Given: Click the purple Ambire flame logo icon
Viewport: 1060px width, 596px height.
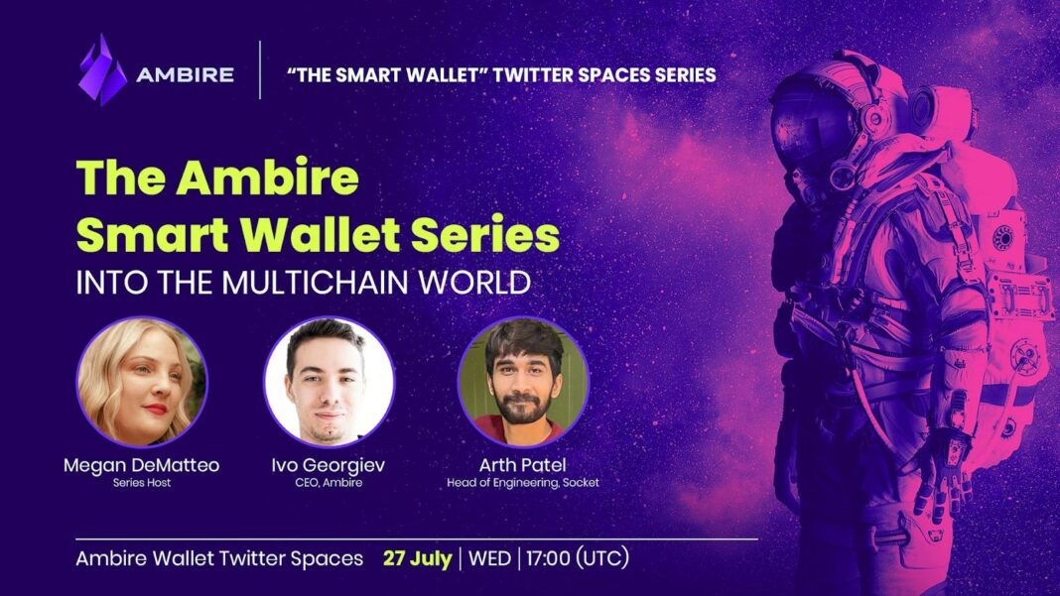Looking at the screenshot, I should click(x=102, y=71).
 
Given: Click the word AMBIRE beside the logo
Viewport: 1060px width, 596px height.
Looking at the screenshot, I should click(x=186, y=75).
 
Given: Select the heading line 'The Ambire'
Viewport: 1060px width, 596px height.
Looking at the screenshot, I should click(x=217, y=179).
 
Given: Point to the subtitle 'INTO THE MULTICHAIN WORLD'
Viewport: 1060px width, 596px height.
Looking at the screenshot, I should click(x=304, y=282).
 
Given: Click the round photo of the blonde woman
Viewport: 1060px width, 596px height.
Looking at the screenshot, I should click(x=142, y=381).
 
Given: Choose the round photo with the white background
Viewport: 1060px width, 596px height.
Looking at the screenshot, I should click(x=329, y=381).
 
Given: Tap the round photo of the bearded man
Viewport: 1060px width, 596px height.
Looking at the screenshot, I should click(x=522, y=381).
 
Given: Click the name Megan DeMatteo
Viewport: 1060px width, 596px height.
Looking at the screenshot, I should click(x=142, y=464).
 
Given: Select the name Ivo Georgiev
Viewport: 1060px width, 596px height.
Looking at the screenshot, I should click(x=329, y=464).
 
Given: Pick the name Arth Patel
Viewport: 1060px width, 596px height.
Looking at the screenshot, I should click(x=522, y=464).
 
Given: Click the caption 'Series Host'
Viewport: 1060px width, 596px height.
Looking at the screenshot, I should click(x=142, y=483).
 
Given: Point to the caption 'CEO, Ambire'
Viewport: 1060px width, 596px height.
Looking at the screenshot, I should click(x=329, y=483).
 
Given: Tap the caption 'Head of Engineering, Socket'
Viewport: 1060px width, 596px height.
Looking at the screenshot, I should click(x=522, y=483).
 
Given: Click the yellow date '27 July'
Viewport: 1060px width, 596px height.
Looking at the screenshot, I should click(x=417, y=558).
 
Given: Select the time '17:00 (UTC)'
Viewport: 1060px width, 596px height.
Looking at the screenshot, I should click(x=577, y=558).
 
